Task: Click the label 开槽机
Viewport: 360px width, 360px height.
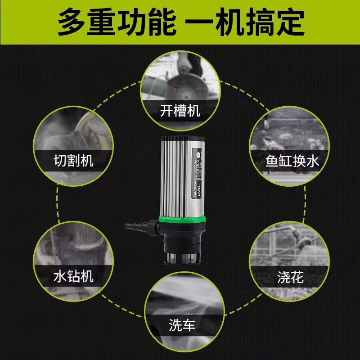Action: [180, 111]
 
